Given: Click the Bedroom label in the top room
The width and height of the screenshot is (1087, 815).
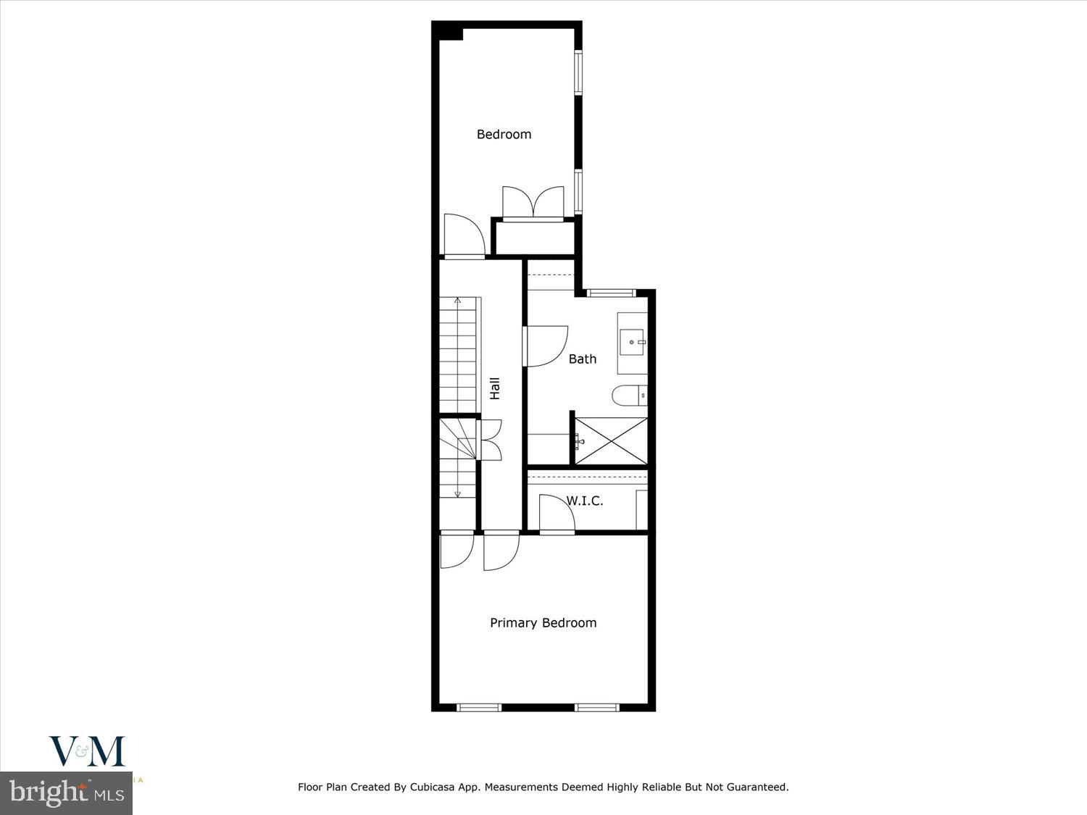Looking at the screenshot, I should click(x=504, y=134).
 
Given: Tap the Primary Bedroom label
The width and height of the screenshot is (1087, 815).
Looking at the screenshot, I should click(x=543, y=623).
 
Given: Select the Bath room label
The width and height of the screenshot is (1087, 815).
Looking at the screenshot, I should click(x=582, y=359).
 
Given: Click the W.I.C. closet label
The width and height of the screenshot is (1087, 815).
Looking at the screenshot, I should click(x=584, y=501).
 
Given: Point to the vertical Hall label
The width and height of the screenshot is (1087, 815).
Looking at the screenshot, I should click(x=495, y=388).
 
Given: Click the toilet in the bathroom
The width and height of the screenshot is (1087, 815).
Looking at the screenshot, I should click(x=628, y=396).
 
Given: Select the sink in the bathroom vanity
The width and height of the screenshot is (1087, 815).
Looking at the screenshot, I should click(x=632, y=341).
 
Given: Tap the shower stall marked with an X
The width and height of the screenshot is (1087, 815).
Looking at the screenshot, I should click(x=611, y=440).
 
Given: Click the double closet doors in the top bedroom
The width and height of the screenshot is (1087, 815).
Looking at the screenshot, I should click(x=533, y=203).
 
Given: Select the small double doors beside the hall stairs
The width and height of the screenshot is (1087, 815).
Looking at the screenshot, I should click(x=491, y=440).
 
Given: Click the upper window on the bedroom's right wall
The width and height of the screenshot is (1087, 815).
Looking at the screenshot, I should click(x=578, y=72).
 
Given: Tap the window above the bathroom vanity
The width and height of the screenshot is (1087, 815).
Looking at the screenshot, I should click(x=610, y=293).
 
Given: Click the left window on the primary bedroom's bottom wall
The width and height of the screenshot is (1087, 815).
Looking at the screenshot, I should click(x=479, y=707).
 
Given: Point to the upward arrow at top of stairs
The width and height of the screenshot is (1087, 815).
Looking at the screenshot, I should click(x=457, y=300).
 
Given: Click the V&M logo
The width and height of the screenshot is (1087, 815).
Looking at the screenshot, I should click(x=87, y=751).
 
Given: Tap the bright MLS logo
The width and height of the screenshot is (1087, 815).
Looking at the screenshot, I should click(x=66, y=793).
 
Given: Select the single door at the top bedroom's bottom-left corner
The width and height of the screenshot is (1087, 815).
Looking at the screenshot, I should click(x=464, y=235).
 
